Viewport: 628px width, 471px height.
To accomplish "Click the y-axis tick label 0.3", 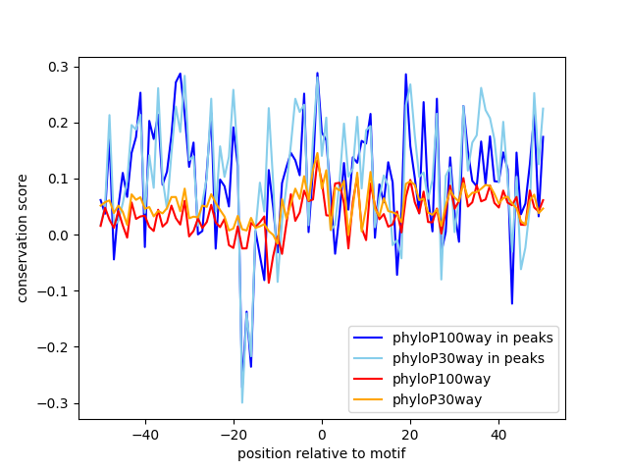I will coord(60,67).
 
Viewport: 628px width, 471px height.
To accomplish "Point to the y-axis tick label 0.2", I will coord(60,123).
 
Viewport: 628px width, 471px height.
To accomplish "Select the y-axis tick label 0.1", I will coord(60,179).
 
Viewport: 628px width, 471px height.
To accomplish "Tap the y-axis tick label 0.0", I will coord(60,235).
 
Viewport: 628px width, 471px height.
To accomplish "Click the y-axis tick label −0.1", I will coord(56,290).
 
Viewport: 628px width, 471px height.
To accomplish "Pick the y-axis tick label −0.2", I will coord(56,346).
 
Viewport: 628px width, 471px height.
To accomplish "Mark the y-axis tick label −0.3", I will coord(56,402).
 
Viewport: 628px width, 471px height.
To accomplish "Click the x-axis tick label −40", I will coord(144,434).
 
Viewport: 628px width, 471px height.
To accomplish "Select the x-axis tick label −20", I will coord(233,434).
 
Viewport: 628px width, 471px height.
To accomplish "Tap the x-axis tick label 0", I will coord(322,434).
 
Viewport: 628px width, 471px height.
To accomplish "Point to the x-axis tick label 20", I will coord(410,434).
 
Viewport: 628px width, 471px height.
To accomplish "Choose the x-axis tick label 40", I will coord(498,434).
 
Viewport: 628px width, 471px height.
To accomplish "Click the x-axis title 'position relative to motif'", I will coord(321,453).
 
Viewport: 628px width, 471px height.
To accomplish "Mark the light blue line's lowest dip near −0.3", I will coord(242,402).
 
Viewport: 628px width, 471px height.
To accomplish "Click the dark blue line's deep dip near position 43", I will coord(511,303).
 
